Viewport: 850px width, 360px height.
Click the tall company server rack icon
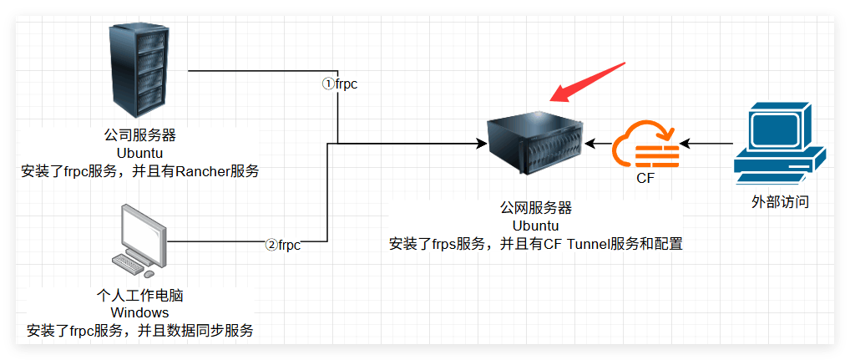coord(139,70)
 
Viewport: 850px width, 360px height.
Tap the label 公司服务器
coord(140,134)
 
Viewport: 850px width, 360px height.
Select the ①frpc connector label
coord(340,85)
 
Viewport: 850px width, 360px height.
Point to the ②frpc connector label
coord(282,245)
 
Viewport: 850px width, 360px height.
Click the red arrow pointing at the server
coord(587,82)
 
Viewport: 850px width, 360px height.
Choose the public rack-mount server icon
coord(534,143)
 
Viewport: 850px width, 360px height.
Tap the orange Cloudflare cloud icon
coord(645,145)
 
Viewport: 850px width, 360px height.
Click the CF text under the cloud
coord(645,179)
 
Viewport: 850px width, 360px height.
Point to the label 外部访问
coord(780,202)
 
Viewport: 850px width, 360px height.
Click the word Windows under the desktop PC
coord(140,313)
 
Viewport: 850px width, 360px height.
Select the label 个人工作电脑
coord(140,296)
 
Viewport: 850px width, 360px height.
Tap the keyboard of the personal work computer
coord(129,262)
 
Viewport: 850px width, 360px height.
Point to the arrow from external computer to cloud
coord(706,144)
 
